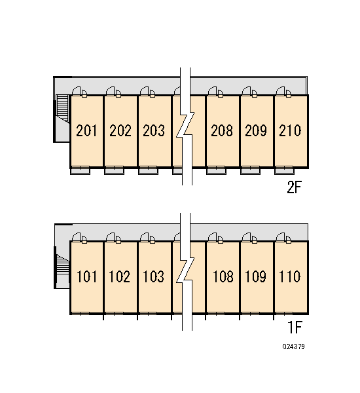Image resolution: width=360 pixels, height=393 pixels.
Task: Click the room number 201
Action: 86,130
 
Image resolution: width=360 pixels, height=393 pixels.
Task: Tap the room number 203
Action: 154,130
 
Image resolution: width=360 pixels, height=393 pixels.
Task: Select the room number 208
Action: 222,130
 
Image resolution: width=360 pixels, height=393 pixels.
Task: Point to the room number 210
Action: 290,130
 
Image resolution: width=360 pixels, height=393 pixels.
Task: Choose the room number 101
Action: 86,276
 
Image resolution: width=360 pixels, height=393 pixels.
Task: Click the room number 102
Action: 120,276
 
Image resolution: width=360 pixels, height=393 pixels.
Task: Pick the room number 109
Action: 255,276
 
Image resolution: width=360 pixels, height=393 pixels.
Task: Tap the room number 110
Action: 289,276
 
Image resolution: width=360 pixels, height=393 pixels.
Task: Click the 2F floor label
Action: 295,187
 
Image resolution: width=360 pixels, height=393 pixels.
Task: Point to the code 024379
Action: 294,346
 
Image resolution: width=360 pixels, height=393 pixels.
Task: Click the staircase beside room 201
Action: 62,108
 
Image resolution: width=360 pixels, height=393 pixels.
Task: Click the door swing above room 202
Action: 114,92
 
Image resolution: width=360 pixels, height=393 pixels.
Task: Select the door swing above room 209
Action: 249,92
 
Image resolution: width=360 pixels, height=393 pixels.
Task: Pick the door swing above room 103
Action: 147,238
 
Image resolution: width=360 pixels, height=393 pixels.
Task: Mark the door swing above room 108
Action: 216,238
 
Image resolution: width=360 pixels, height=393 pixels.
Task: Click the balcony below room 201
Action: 80,170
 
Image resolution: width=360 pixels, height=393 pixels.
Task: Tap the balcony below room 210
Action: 284,170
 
